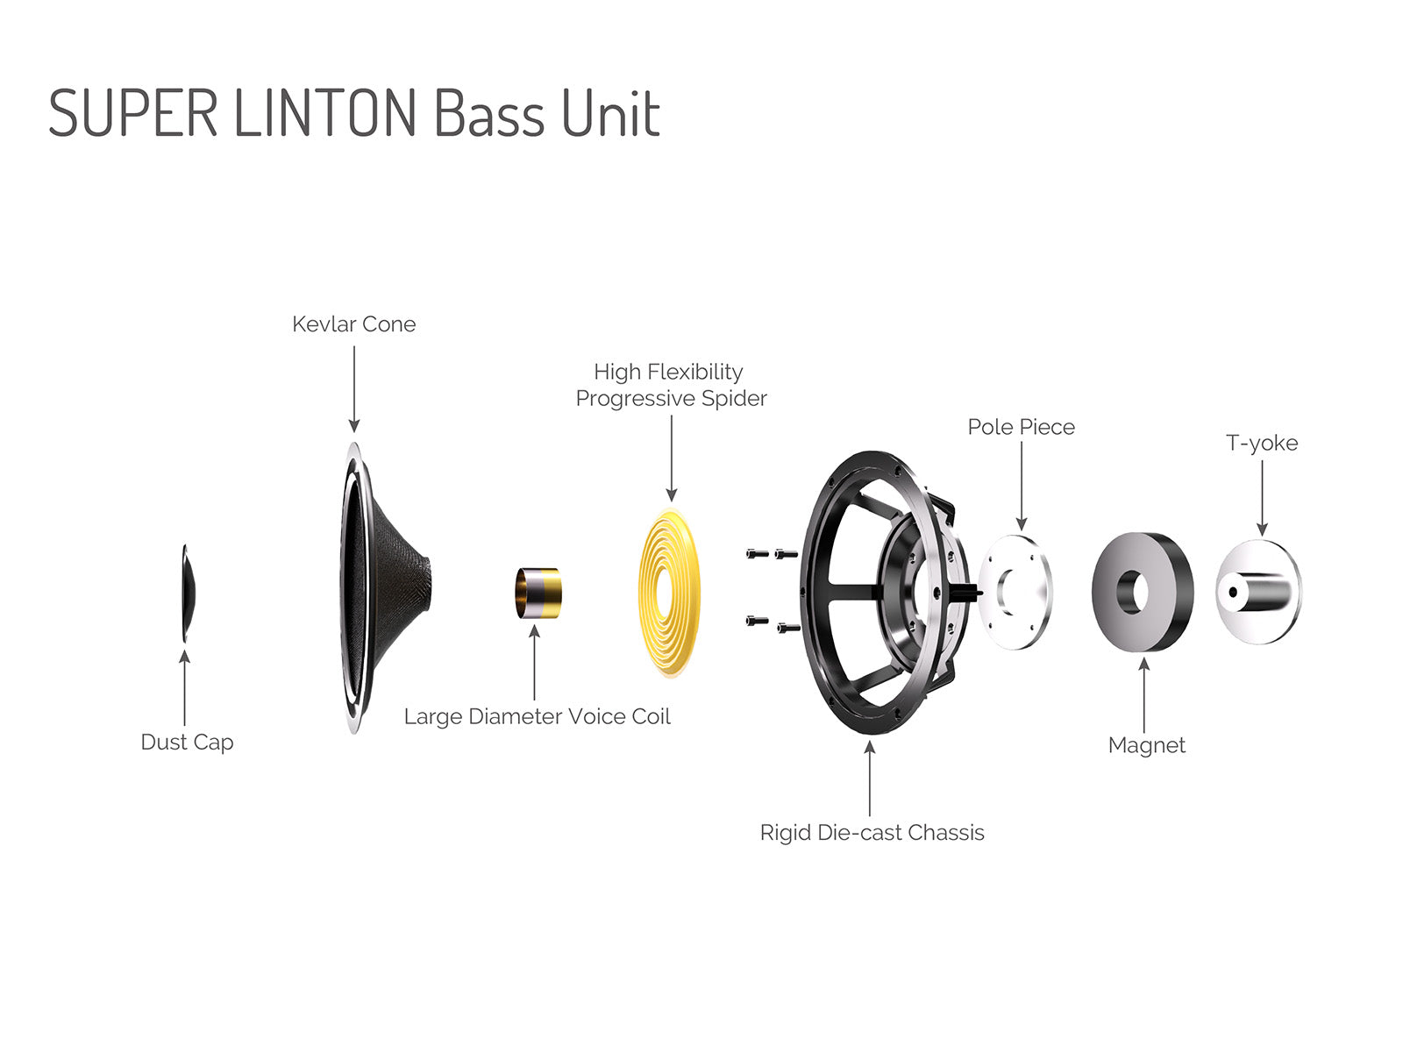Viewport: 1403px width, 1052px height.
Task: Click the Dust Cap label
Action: pyautogui.click(x=187, y=743)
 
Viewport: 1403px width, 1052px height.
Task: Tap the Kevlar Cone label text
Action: pyautogui.click(x=353, y=324)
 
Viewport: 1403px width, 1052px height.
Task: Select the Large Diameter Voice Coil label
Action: pyautogui.click(x=537, y=717)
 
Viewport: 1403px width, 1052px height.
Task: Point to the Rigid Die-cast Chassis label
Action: pyautogui.click(x=872, y=833)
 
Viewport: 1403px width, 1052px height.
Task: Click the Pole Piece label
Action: pyautogui.click(x=1021, y=427)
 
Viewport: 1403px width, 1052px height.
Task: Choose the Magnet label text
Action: pyautogui.click(x=1146, y=745)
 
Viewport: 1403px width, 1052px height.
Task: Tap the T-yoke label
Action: pyautogui.click(x=1261, y=443)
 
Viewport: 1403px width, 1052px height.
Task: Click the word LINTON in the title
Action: pyautogui.click(x=325, y=114)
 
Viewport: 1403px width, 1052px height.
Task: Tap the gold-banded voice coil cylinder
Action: pyautogui.click(x=538, y=593)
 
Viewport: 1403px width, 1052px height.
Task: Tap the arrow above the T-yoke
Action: pyautogui.click(x=1262, y=496)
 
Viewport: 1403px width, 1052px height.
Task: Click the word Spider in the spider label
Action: pyautogui.click(x=735, y=399)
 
